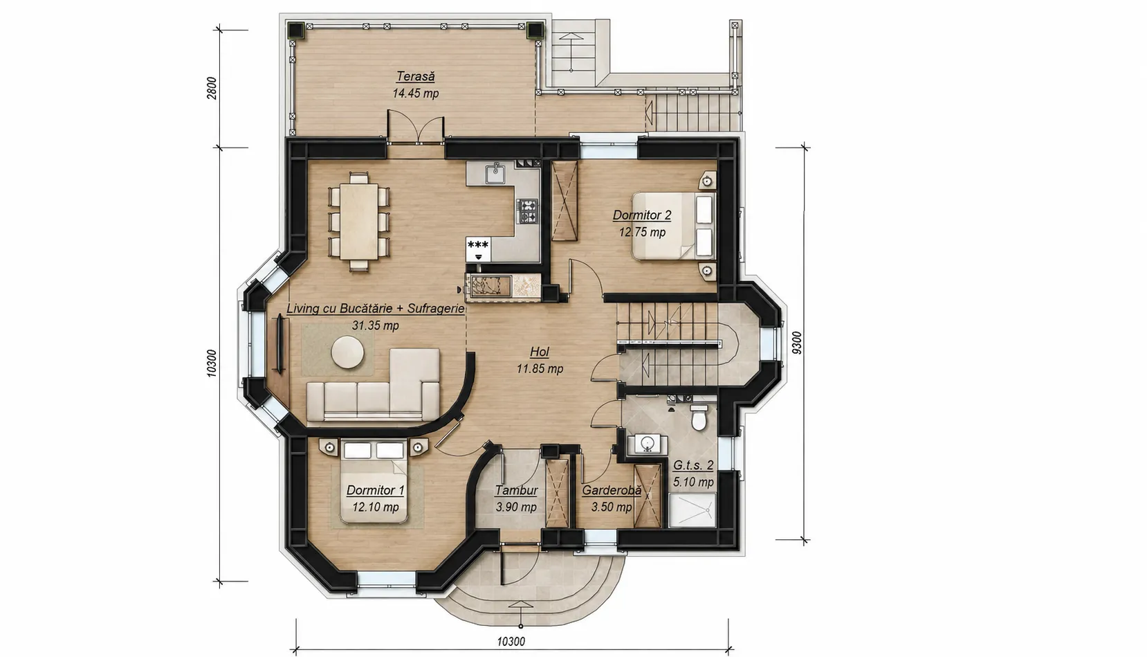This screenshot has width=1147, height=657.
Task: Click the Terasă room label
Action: tap(415, 77)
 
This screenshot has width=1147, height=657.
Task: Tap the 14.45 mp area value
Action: tap(415, 93)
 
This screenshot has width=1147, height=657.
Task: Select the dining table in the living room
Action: tap(358, 222)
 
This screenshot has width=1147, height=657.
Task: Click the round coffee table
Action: tap(347, 352)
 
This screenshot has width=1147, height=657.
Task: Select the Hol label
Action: tap(539, 352)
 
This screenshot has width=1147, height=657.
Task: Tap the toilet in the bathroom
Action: tap(699, 417)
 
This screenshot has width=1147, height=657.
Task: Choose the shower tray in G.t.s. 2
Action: tap(692, 510)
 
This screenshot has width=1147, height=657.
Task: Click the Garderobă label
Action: tap(612, 490)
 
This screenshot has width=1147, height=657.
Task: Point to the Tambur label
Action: tap(516, 490)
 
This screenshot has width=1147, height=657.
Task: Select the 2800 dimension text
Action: tap(212, 88)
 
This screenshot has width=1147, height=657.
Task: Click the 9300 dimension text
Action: tap(796, 343)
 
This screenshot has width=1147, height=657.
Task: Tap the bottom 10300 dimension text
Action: tap(511, 641)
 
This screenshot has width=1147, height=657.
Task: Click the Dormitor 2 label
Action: tap(641, 215)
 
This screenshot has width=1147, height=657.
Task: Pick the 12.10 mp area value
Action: tap(376, 507)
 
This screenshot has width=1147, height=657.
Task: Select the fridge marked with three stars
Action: tap(478, 250)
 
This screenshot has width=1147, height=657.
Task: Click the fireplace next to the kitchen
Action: tap(502, 287)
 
